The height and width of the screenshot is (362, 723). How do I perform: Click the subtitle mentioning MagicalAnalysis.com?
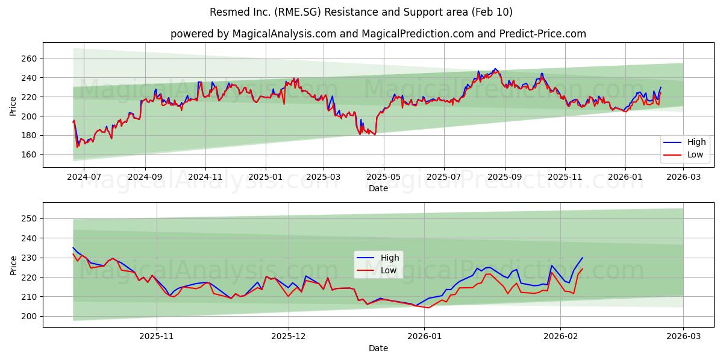378,34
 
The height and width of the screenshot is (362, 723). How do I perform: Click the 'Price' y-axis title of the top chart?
13,107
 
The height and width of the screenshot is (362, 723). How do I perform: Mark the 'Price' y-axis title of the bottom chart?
13,265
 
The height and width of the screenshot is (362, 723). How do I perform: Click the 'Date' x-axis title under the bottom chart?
378,349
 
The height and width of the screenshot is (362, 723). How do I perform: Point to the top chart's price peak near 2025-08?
495,69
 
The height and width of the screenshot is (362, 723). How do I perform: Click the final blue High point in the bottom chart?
583,258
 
